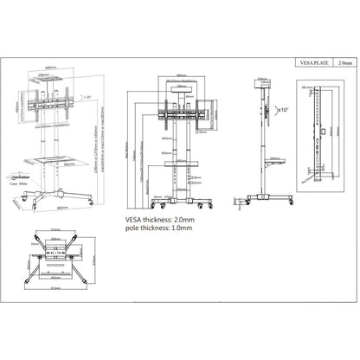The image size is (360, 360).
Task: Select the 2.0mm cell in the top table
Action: coord(345,62)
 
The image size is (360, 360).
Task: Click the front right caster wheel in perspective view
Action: coord(91,201)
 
